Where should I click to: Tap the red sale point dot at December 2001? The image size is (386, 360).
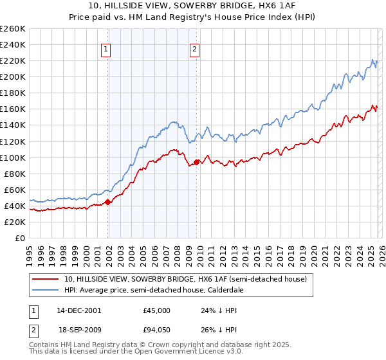tap(108, 201)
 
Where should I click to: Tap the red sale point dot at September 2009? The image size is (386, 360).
tap(196, 162)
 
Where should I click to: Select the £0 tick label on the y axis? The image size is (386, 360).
tap(21, 238)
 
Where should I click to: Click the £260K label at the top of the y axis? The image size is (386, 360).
tap(13, 28)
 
